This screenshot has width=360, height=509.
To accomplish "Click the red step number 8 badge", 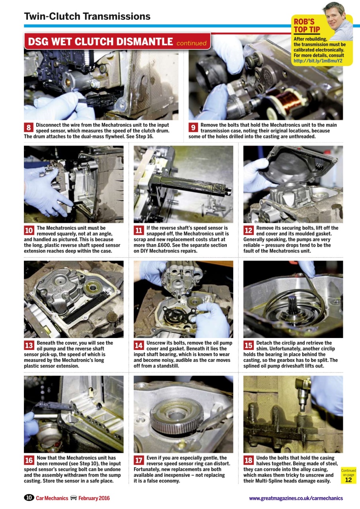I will [x=29, y=128].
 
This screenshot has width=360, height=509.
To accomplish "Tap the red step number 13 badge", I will [x=29, y=346].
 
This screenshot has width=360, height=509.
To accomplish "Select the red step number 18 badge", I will [x=249, y=460].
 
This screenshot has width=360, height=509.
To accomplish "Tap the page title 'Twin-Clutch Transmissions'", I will [x=87, y=16].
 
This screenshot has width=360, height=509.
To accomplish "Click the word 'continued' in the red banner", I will [x=191, y=43].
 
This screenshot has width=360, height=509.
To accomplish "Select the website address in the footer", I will [x=296, y=498].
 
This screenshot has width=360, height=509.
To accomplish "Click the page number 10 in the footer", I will [x=29, y=498].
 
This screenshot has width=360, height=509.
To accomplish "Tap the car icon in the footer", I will [x=73, y=498].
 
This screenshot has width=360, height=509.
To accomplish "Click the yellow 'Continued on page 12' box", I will [x=348, y=475].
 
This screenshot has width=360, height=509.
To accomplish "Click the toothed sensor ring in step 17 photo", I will [x=177, y=418].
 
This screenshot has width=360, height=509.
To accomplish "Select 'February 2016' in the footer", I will [x=94, y=498].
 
